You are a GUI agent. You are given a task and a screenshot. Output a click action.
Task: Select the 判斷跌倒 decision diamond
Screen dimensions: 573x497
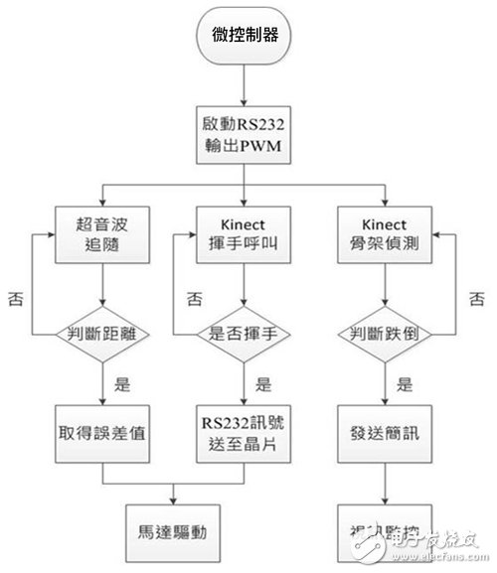coord(389,334)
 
